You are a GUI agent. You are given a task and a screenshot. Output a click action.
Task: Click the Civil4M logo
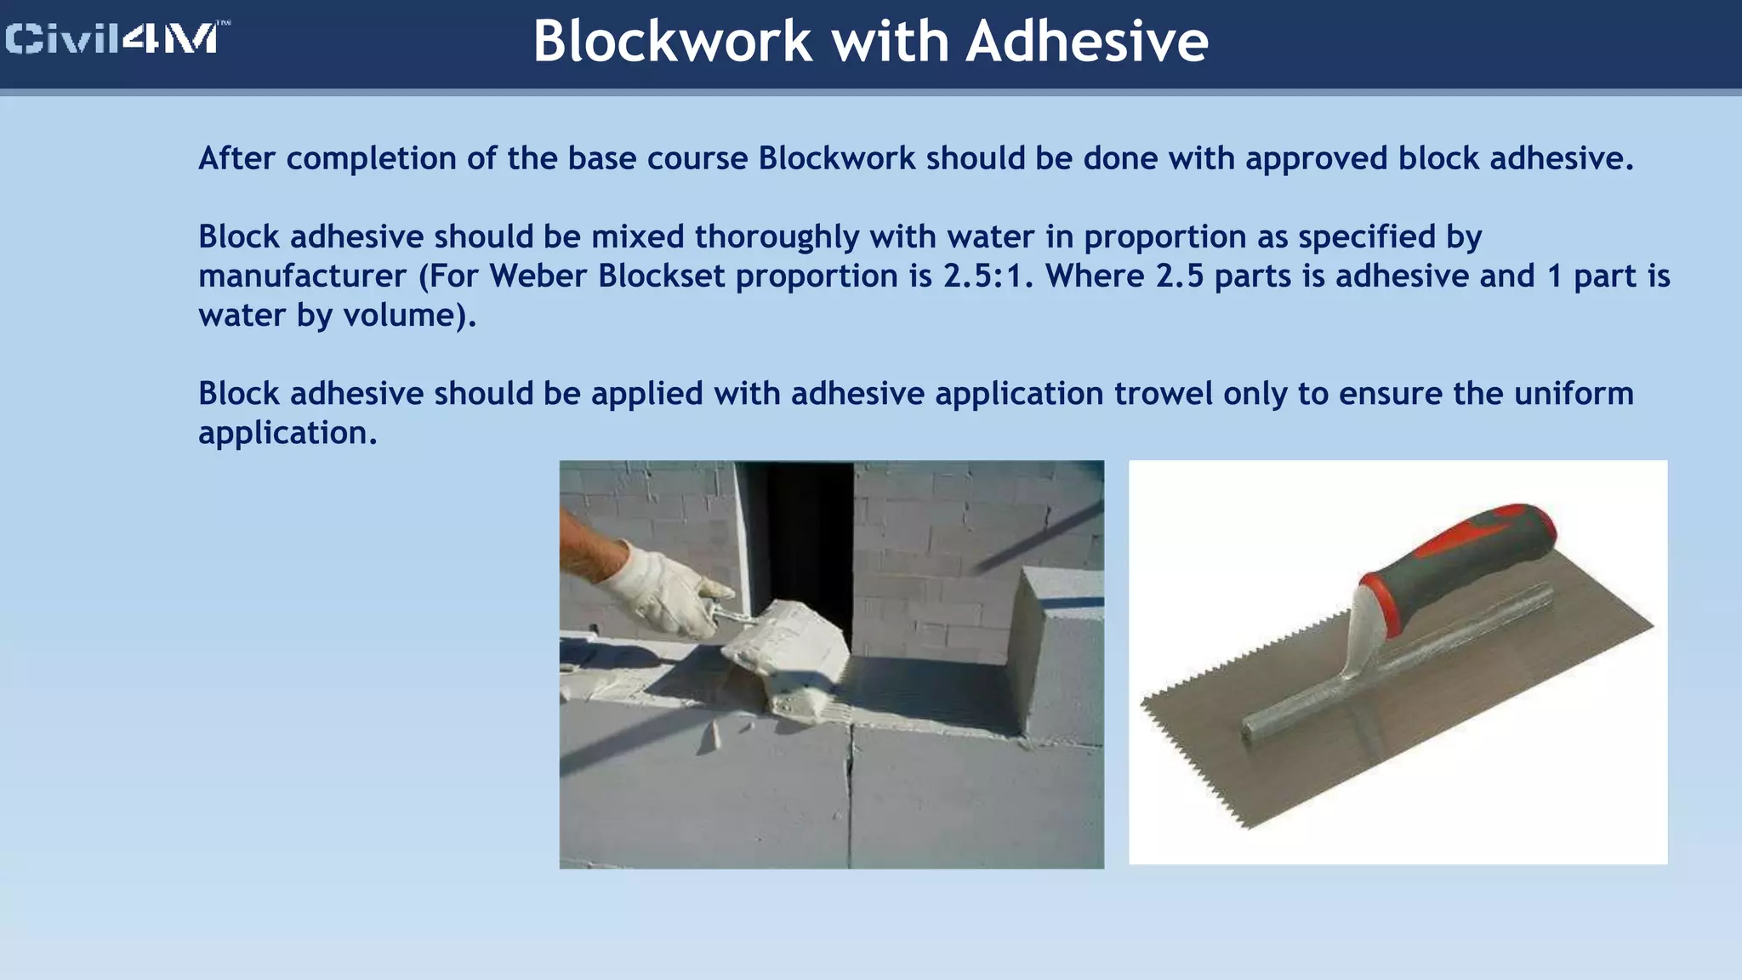[117, 39]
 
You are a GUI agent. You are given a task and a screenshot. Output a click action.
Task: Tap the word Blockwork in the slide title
[672, 42]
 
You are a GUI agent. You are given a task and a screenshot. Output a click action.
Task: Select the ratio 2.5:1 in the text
[988, 276]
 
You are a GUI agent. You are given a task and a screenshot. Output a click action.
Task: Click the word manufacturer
[302, 276]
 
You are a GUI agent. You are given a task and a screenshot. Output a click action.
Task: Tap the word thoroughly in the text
[777, 236]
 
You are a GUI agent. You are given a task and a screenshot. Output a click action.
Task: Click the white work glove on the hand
[659, 591]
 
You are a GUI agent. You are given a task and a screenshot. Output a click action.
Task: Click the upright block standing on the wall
[1059, 655]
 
